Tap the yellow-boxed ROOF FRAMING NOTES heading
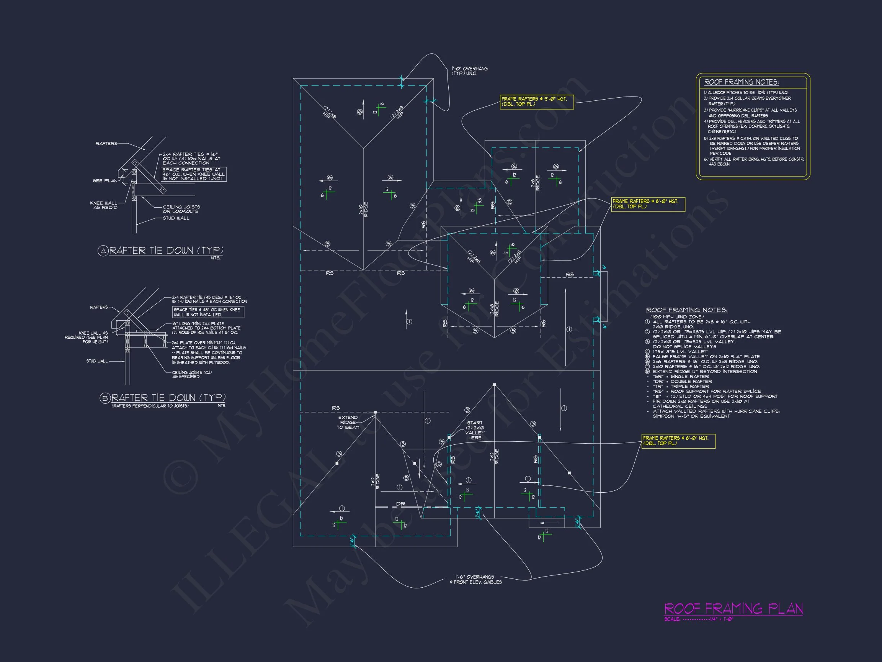pos(741,82)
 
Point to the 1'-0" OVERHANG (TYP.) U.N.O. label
pos(469,71)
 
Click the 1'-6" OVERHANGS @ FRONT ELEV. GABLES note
pos(476,579)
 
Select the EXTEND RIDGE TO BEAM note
pos(348,422)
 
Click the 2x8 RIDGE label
pos(536,183)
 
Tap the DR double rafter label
pos(401,504)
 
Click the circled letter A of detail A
pos(103,251)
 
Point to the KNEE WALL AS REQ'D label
pos(104,205)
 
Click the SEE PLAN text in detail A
pos(105,181)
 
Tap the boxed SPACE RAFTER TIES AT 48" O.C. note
pos(194,174)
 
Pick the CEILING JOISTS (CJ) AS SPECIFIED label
pos(192,374)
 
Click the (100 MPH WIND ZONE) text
pos(677,317)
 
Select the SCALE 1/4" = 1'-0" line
pos(699,619)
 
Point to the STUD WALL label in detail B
pos(97,361)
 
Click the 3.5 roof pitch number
pos(480,201)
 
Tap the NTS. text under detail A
pos(215,258)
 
